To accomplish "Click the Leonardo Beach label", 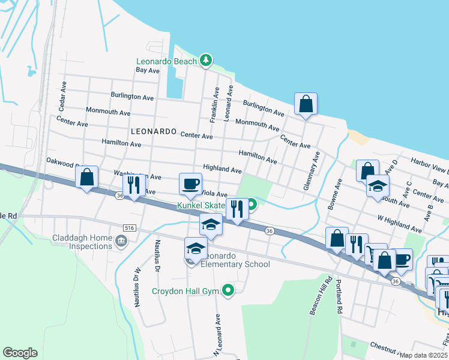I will pyautogui.click(x=166, y=61).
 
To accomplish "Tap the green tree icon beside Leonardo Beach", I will pyautogui.click(x=206, y=60).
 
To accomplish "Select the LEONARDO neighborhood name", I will pyautogui.click(x=154, y=131).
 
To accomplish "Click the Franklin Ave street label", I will pyautogui.click(x=214, y=104).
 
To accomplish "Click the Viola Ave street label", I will pyautogui.click(x=214, y=194).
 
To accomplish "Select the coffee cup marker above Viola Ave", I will pyautogui.click(x=191, y=183).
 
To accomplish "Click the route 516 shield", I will pyautogui.click(x=129, y=228).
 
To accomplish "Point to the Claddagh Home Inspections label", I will pyautogui.click(x=82, y=242).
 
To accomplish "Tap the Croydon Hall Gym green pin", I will pyautogui.click(x=228, y=291).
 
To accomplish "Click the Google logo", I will pyautogui.click(x=20, y=353).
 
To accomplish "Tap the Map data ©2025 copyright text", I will pyautogui.click(x=423, y=355).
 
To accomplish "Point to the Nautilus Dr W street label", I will pyautogui.click(x=136, y=290).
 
